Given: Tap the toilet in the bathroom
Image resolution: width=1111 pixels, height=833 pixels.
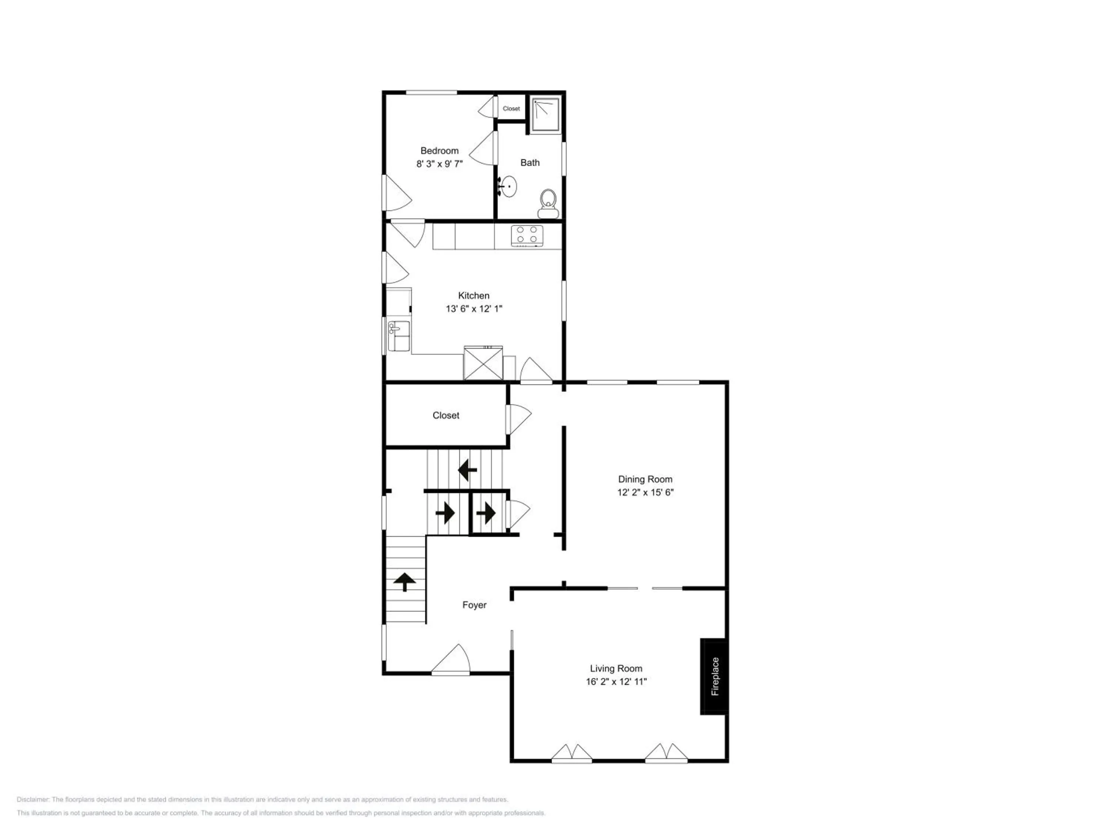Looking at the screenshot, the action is point(548,204).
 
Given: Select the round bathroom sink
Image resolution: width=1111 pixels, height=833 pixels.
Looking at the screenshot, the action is point(508,186).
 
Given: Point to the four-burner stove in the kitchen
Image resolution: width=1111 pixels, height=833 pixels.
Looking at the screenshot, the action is point(527,236).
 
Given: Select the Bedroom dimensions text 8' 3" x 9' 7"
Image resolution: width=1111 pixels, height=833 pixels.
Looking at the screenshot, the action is point(440,164).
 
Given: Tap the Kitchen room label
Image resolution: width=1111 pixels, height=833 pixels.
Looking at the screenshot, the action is point(474,296).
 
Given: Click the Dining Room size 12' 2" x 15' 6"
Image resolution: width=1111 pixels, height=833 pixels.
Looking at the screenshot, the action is point(645,492).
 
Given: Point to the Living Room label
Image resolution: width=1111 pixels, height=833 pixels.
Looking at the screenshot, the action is point(616,668).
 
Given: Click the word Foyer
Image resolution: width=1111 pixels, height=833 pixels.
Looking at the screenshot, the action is point(474,605).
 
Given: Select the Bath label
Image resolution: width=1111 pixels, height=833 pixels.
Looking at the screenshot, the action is point(530,163).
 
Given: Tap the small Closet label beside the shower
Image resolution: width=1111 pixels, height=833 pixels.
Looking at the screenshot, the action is point(511,108).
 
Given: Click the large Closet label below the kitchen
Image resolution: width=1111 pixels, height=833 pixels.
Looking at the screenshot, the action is point(446,415).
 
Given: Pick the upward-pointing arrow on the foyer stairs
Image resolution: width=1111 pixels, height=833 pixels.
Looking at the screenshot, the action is point(405,582).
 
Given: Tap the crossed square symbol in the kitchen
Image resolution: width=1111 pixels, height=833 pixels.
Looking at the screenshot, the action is point(483,363).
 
